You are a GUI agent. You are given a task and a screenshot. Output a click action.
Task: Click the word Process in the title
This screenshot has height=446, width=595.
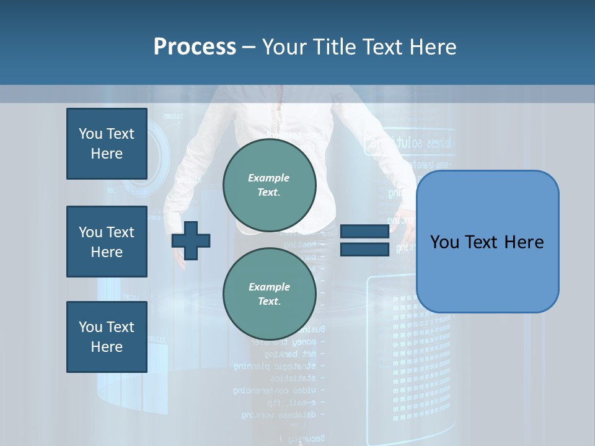tap(195, 47)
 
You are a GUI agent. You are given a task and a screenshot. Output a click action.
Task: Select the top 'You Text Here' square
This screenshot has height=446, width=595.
tap(107, 144)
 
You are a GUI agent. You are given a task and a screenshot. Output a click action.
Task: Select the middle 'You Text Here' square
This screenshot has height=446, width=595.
tap(107, 242)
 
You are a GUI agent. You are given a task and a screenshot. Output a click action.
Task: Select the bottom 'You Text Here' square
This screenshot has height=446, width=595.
tap(107, 336)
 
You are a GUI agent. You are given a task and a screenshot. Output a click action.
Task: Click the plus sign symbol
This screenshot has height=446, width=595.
tap(191, 240)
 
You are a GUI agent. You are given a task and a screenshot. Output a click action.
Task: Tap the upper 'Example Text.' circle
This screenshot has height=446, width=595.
tap(269, 185)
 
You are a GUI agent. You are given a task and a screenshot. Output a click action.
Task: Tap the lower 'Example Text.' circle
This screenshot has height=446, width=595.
tap(269, 294)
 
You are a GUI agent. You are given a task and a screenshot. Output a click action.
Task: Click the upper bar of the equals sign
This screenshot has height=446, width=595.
tap(364, 232)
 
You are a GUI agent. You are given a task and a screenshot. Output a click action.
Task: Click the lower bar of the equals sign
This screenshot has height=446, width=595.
tap(364, 249)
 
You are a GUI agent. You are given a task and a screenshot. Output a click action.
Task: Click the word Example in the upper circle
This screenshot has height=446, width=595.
tap(268, 178)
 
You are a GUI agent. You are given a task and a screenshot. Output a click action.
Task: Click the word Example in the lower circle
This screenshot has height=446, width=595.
tap(269, 287)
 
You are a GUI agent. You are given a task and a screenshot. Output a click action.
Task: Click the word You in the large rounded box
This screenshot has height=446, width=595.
tap(445, 242)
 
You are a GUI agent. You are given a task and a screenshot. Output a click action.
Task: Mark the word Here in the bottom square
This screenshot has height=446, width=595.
tap(107, 347)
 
